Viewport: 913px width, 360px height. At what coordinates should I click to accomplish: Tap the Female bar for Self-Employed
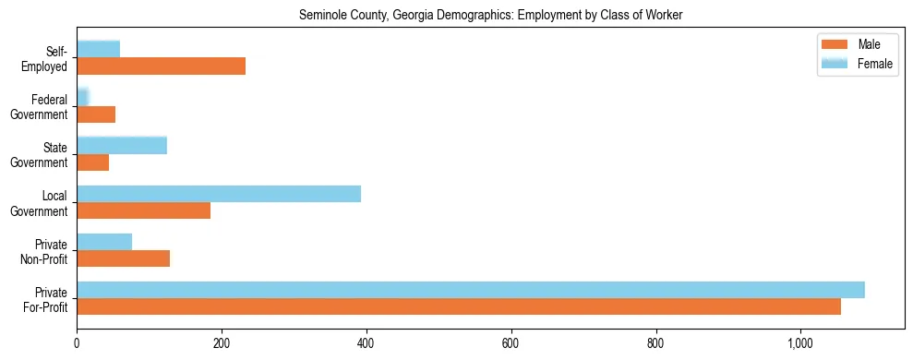tap(98, 49)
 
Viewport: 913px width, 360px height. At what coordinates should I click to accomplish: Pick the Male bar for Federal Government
tap(96, 114)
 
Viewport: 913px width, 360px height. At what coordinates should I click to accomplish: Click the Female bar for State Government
tap(122, 145)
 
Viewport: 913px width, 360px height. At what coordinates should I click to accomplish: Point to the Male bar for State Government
tap(92, 162)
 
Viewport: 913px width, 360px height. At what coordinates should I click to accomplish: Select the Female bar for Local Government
tap(219, 194)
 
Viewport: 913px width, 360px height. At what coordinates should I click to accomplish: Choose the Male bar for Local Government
tap(143, 210)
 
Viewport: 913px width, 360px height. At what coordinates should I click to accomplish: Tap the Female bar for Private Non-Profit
tap(104, 242)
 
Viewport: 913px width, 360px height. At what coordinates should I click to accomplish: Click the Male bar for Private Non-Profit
tap(123, 258)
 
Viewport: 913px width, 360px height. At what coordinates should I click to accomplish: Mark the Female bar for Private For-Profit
tap(471, 290)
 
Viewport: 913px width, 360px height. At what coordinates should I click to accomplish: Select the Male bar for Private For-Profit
tap(459, 306)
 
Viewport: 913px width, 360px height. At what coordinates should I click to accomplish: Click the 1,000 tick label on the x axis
tap(800, 344)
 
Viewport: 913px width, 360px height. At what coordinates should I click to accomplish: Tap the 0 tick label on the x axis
tap(77, 344)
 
